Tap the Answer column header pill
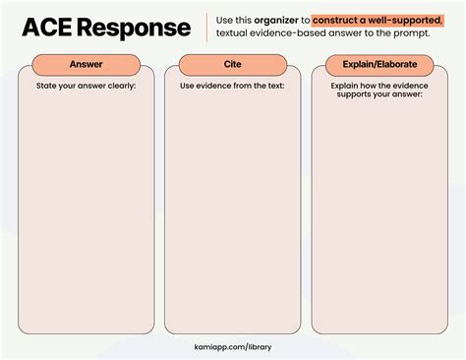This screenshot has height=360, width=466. click(x=87, y=64)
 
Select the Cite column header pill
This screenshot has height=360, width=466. click(x=233, y=64)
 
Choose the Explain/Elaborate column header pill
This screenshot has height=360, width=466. click(x=379, y=64)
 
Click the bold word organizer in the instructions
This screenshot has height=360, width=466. click(x=281, y=19)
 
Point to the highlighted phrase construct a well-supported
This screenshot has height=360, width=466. click(x=378, y=19)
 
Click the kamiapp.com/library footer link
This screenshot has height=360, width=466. click(x=233, y=346)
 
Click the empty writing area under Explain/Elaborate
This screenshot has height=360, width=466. click(x=379, y=216)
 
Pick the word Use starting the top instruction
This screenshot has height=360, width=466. click(x=226, y=19)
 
